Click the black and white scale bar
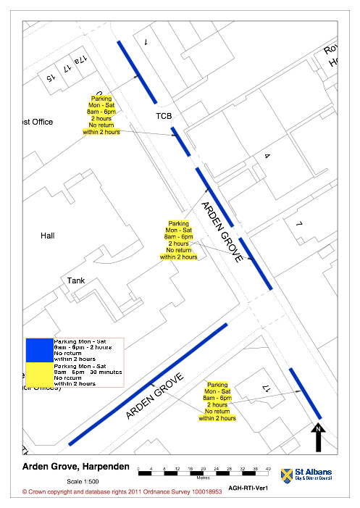pos(204,472)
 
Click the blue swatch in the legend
pos(39,350)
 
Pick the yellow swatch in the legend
pos(39,373)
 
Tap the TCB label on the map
pos(164,115)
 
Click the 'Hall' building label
pos(48,236)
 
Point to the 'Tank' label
pos(76,280)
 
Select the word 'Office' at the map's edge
pos(39,122)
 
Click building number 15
pos(50,76)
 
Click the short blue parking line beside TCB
pos(184,141)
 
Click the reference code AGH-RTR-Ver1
pos(248,488)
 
